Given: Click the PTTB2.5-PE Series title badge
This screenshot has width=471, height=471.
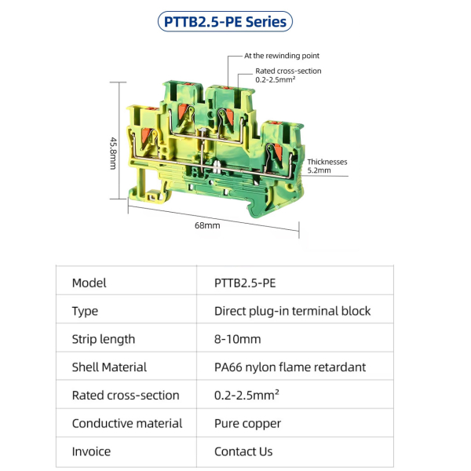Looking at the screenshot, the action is [225, 22].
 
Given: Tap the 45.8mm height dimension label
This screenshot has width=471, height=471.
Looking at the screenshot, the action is [113, 153].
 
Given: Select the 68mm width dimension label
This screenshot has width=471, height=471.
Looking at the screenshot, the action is [207, 225].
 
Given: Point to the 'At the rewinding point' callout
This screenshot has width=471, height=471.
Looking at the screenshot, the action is [282, 56].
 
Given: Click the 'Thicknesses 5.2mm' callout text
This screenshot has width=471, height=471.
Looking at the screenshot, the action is [327, 166].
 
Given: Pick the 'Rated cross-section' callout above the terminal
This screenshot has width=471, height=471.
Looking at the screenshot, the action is [288, 75].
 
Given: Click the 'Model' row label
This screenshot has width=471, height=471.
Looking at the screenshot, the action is [89, 283].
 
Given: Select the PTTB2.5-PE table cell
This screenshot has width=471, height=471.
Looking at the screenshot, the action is [245, 283].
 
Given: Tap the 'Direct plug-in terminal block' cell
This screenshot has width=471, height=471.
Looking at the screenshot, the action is [293, 311].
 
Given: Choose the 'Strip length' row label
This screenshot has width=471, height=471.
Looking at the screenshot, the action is [104, 339].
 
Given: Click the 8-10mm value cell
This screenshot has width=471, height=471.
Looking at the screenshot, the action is [238, 339].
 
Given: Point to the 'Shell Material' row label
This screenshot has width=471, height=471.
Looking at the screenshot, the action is [109, 367].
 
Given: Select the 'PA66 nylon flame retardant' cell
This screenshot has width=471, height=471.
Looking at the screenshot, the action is [290, 367].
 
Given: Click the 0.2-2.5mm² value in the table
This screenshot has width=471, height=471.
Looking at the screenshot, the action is [246, 395].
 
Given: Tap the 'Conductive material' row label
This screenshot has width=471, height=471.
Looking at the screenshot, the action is [127, 423].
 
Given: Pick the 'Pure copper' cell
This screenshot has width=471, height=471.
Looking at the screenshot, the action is [248, 424].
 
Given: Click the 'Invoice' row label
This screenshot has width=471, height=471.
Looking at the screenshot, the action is [91, 451].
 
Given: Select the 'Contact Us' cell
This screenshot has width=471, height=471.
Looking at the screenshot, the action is [243, 451].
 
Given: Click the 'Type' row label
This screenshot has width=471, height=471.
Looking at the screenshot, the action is [85, 311].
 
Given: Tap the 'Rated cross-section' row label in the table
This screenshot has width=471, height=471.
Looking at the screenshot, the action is [126, 396].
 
